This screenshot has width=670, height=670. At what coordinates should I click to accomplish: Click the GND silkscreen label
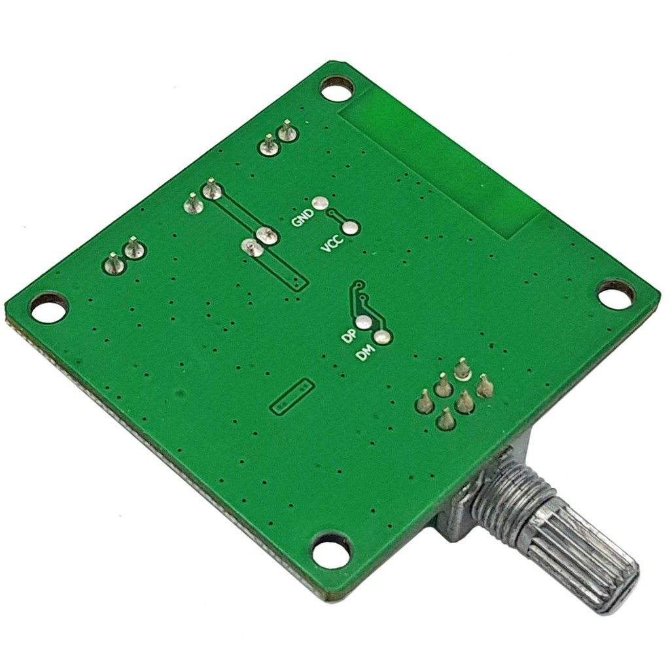pyautogui.click(x=302, y=217)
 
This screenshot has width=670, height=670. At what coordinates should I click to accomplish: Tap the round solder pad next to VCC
pyautogui.click(x=351, y=228)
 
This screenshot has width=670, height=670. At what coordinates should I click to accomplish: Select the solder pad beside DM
pyautogui.click(x=381, y=338)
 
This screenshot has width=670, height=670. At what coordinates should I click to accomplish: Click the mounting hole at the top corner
pyautogui.click(x=337, y=91)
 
